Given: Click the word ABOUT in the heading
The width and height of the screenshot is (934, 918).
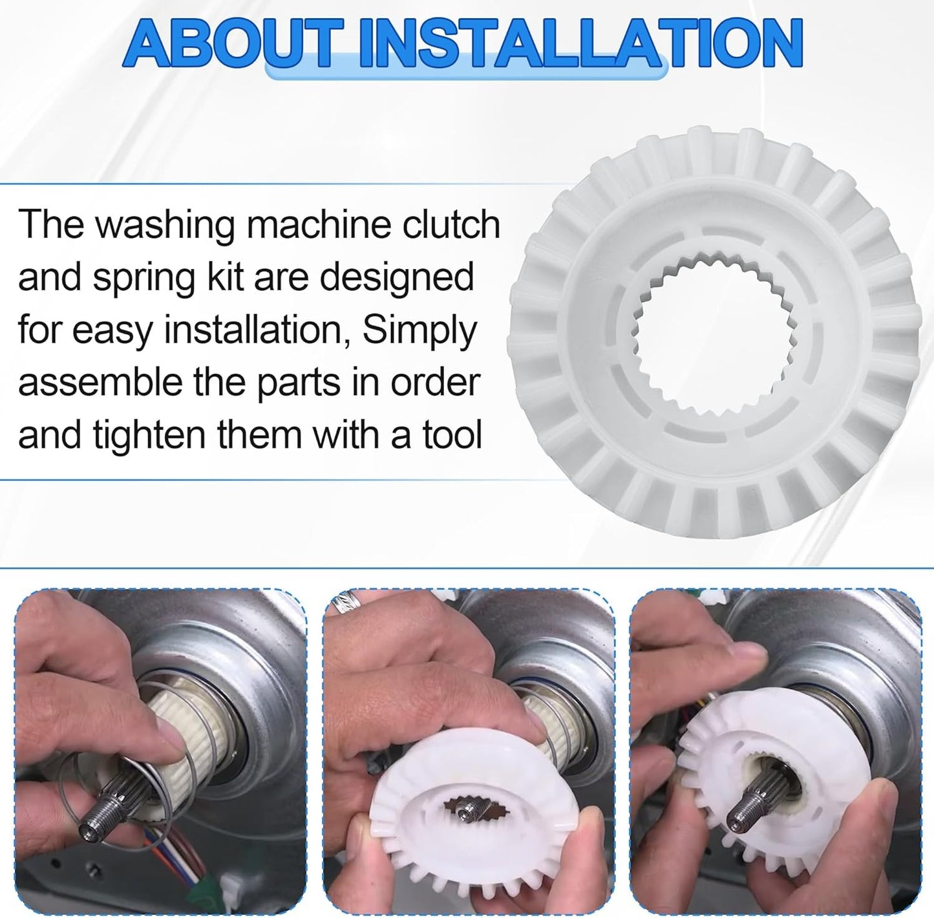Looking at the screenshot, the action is tap(228, 45).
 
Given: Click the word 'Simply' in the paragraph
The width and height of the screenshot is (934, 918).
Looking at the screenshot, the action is tap(419, 331).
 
